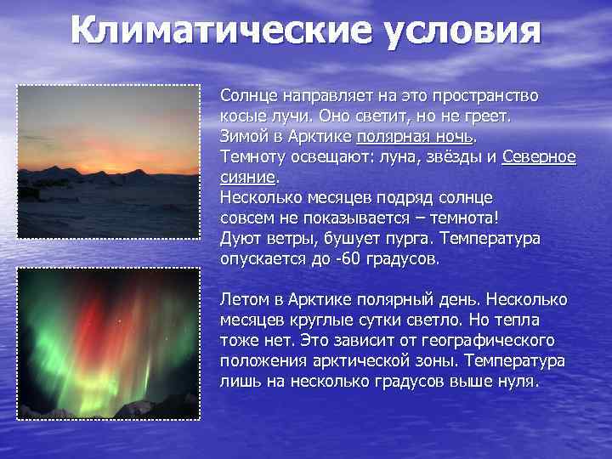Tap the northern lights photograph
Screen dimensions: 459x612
pyautogui.click(x=109, y=343)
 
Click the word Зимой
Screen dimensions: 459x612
pyautogui.click(x=244, y=136)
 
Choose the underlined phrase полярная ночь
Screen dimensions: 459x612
pyautogui.click(x=415, y=136)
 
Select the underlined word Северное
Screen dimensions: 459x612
pyautogui.click(x=539, y=156)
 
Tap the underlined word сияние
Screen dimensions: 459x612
pyautogui.click(x=248, y=177)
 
